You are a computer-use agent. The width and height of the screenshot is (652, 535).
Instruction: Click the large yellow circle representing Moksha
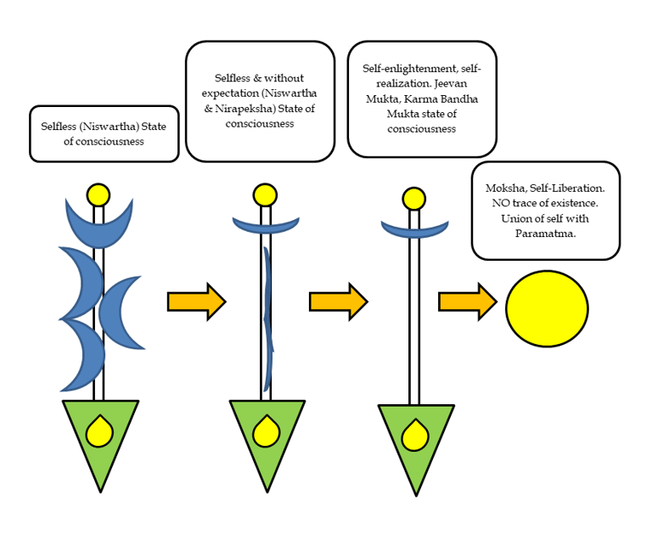pos(547,308)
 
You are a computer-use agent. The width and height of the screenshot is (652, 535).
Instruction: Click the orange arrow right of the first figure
pos(196,301)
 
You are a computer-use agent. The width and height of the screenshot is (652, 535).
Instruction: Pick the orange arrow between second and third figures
pos(338,301)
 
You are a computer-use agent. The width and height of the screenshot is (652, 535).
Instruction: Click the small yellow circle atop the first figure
pos(98,194)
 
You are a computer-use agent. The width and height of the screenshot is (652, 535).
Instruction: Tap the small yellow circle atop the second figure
pos(266,194)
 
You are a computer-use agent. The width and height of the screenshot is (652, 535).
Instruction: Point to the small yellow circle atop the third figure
pos(413,199)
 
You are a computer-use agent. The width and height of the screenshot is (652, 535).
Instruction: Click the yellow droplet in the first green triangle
pos(99,432)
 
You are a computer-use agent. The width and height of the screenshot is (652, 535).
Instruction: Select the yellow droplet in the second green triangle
pos(266,432)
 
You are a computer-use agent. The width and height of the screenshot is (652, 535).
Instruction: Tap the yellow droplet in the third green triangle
pos(414,436)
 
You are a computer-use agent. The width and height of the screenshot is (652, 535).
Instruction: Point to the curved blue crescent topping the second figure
pos(266,224)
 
